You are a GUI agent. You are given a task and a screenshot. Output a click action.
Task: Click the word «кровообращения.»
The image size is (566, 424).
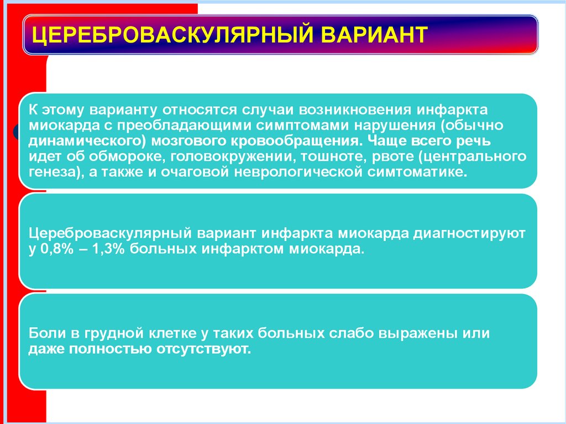tap(283, 140)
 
